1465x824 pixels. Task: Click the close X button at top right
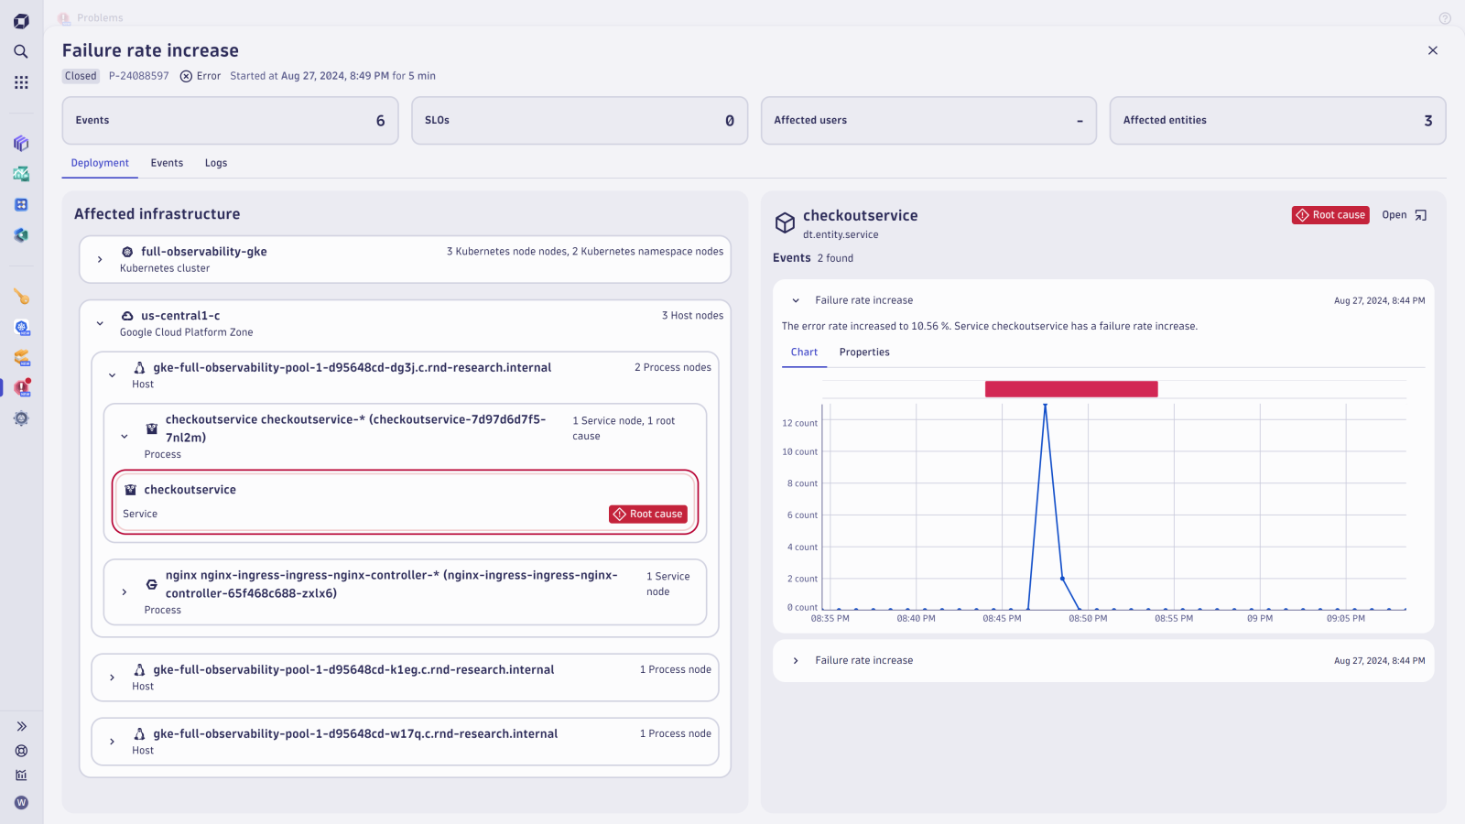1432,50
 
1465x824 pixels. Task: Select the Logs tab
216,163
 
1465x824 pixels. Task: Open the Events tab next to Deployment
167,163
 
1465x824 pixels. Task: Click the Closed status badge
81,76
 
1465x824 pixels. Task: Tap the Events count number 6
380,121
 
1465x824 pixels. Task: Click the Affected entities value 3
1427,121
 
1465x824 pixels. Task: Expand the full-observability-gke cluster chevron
100,260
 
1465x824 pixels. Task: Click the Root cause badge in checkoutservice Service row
648,515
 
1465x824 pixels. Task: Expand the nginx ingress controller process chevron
125,592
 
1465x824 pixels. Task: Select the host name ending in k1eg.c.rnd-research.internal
353,670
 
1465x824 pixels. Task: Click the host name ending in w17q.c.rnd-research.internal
355,734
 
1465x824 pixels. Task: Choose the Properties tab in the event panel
863,352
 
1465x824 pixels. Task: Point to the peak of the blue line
1045,406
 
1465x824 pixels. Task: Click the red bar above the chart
1070,389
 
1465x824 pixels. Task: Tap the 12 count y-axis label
799,423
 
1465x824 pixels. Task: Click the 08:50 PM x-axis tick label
1088,619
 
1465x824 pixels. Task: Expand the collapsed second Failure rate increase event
796,661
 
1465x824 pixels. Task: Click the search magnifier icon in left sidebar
21,52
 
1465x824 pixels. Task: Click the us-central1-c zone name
180,316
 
